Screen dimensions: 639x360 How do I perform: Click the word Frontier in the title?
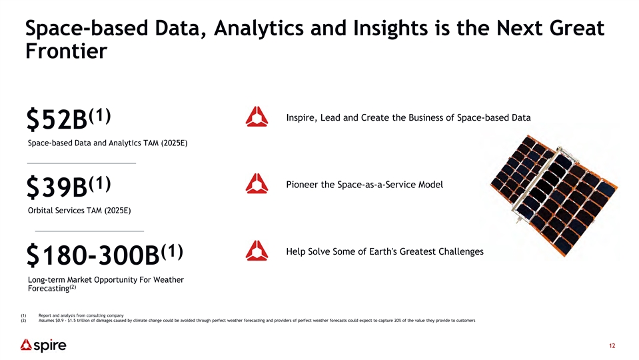pos(66,51)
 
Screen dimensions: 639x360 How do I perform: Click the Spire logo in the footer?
pos(43,345)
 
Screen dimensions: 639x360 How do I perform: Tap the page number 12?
pos(612,346)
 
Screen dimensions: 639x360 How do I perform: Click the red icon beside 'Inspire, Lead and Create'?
pos(257,117)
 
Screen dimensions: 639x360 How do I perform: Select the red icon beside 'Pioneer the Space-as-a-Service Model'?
pos(257,183)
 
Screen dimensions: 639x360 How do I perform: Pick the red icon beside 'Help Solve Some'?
pos(257,251)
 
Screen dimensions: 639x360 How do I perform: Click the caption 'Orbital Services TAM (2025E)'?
pos(79,211)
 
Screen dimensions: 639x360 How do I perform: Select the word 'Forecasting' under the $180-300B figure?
pos(49,289)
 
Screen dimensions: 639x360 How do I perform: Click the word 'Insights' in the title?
pos(390,29)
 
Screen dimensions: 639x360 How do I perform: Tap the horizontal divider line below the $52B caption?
pos(81,163)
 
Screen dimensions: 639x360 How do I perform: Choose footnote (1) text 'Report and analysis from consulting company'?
pos(81,315)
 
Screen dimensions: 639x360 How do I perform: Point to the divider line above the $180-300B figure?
pos(89,231)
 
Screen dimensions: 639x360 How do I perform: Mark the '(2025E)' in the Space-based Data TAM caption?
pos(174,143)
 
